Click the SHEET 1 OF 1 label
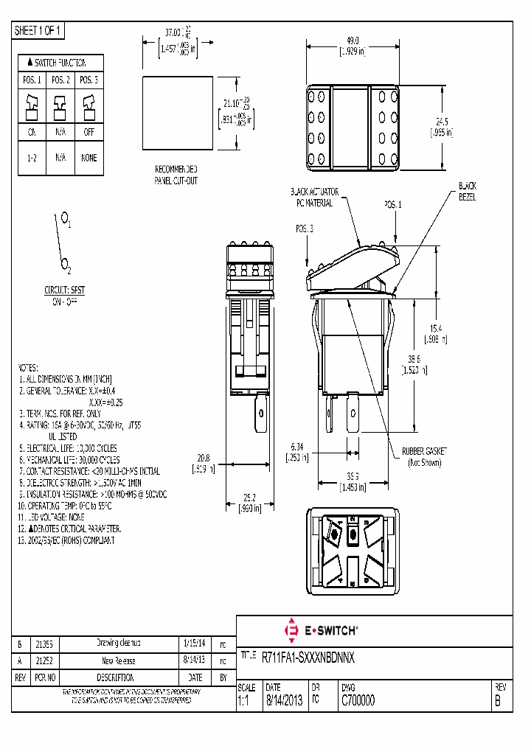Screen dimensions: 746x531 tap(39, 30)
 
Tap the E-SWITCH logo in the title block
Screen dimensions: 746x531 tap(321, 630)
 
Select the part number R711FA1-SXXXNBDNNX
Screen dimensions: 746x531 tap(309, 655)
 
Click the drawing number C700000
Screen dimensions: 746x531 tap(358, 702)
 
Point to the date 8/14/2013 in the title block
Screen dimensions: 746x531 tap(282, 702)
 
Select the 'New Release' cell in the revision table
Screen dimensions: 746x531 tap(119, 660)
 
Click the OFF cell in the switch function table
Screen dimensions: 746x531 tap(88, 133)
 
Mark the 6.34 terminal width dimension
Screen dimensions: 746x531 tap(297, 446)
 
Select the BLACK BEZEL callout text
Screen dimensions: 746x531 tap(468, 192)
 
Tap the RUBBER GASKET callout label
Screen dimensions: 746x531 tap(424, 450)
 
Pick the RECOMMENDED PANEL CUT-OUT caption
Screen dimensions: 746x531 tap(176, 174)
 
